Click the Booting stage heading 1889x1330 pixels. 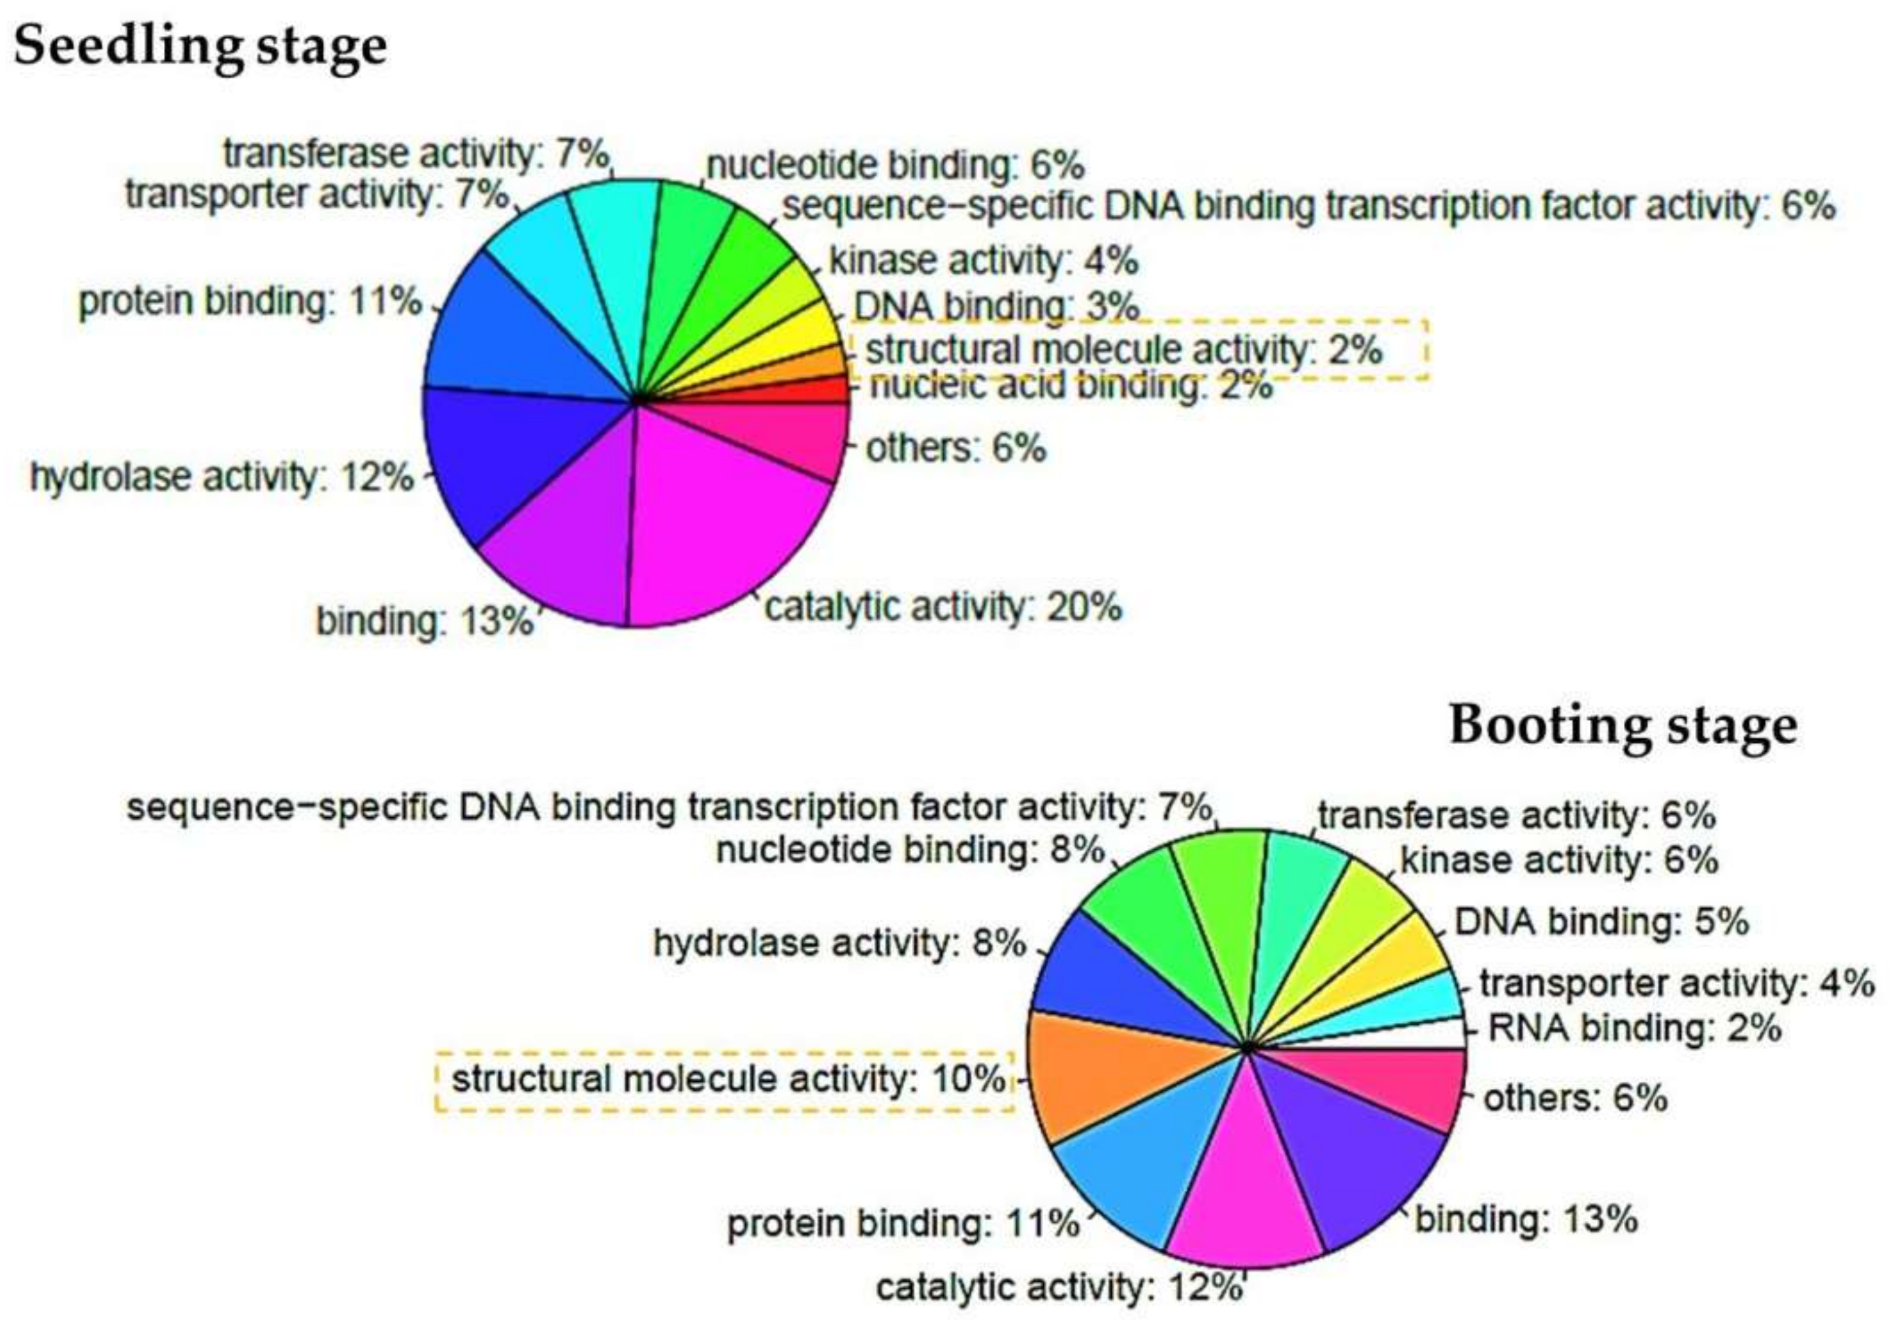1623,726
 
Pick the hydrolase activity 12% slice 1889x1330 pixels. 510,461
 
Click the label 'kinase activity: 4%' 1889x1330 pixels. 983,262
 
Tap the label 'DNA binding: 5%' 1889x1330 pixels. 1601,922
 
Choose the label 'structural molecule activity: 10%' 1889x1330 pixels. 728,1079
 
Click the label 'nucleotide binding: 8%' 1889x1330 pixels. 909,850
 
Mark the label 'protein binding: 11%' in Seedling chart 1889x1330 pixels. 250,302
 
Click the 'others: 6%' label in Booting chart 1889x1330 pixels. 1575,1099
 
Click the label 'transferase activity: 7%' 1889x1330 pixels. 416,154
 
